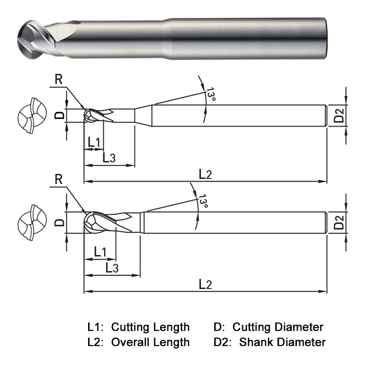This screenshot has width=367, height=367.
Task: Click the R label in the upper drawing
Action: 59,79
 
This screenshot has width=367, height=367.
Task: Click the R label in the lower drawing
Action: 59,179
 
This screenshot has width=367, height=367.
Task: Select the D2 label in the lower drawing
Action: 339,222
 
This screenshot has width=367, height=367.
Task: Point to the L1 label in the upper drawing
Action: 94,142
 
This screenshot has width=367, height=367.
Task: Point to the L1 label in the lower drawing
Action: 100,252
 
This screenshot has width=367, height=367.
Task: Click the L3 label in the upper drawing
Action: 109,158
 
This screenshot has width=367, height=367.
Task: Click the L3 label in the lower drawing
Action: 112,268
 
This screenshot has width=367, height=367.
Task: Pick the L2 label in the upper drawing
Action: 205,174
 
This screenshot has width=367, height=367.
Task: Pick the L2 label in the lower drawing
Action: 205,284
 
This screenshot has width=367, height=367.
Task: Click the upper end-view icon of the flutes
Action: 32,115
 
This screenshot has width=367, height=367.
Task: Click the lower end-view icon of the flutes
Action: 32,222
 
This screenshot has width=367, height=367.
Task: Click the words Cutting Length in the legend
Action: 150,327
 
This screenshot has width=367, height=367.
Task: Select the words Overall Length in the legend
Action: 150,342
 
